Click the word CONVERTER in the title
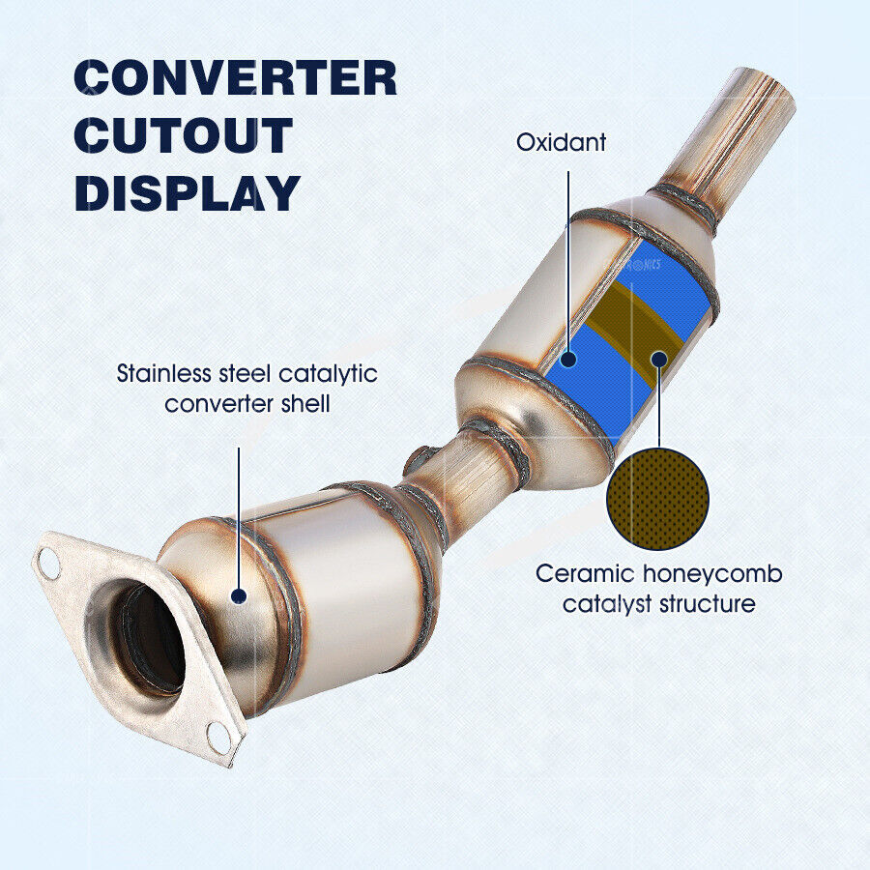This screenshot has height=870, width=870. pos(235,78)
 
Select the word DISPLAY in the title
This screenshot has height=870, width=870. pos(188,192)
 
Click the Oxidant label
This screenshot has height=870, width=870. pos(561,143)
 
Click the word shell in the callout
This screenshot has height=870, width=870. pos(305,403)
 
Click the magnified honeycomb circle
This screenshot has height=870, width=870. pos(657,499)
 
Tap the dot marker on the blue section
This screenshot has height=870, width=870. pos(568,359)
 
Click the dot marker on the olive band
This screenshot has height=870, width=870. pos(658,360)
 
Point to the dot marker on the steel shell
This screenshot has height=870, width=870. pos(239,596)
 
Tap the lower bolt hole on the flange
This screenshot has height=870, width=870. pos(218,738)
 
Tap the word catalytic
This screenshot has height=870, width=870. pos(328,374)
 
